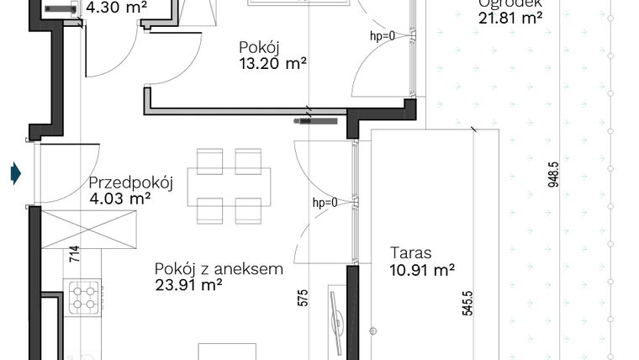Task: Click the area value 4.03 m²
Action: click(119, 199)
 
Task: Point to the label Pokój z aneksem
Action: click(219, 269)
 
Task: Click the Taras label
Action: click(410, 252)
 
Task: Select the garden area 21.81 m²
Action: click(510, 17)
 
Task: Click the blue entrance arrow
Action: click(15, 174)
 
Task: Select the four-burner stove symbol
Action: click(84, 297)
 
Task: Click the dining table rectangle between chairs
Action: click(230, 186)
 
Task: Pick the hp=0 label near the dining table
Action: click(325, 203)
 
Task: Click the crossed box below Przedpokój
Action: click(88, 230)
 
